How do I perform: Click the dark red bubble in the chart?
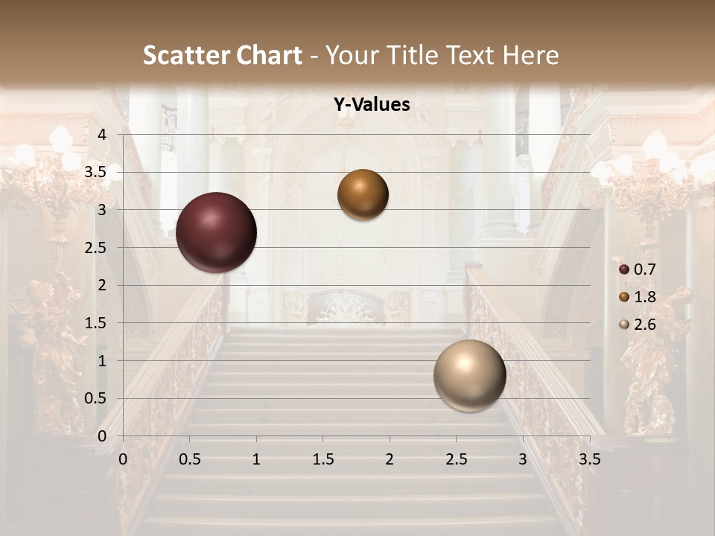click(x=216, y=232)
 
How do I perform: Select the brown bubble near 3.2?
click(x=363, y=194)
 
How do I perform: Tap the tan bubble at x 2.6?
click(x=469, y=375)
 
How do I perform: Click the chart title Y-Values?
click(x=372, y=105)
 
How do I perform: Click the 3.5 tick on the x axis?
click(x=590, y=460)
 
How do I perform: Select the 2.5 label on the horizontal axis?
click(x=456, y=460)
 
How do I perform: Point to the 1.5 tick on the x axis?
click(x=322, y=460)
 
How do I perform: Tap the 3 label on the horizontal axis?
click(x=523, y=460)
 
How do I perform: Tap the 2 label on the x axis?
click(x=390, y=460)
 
